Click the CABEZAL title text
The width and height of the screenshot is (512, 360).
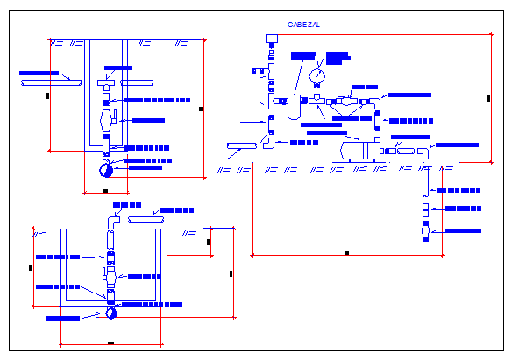pos(304,25)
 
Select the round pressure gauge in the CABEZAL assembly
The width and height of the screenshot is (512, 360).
pos(316,75)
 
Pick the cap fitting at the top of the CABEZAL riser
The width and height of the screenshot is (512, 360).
pos(269,37)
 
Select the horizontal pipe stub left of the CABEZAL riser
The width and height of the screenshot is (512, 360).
pos(239,145)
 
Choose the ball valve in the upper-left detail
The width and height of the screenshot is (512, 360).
pos(107,116)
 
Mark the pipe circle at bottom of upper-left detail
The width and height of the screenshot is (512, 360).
pos(107,162)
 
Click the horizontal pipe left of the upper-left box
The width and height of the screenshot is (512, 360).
pos(44,81)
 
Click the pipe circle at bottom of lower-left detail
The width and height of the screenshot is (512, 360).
pos(111,313)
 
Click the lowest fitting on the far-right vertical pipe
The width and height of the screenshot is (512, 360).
pos(424,233)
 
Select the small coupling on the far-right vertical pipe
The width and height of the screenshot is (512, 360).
pos(424,209)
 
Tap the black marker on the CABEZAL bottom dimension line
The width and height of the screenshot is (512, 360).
pos(347,253)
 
